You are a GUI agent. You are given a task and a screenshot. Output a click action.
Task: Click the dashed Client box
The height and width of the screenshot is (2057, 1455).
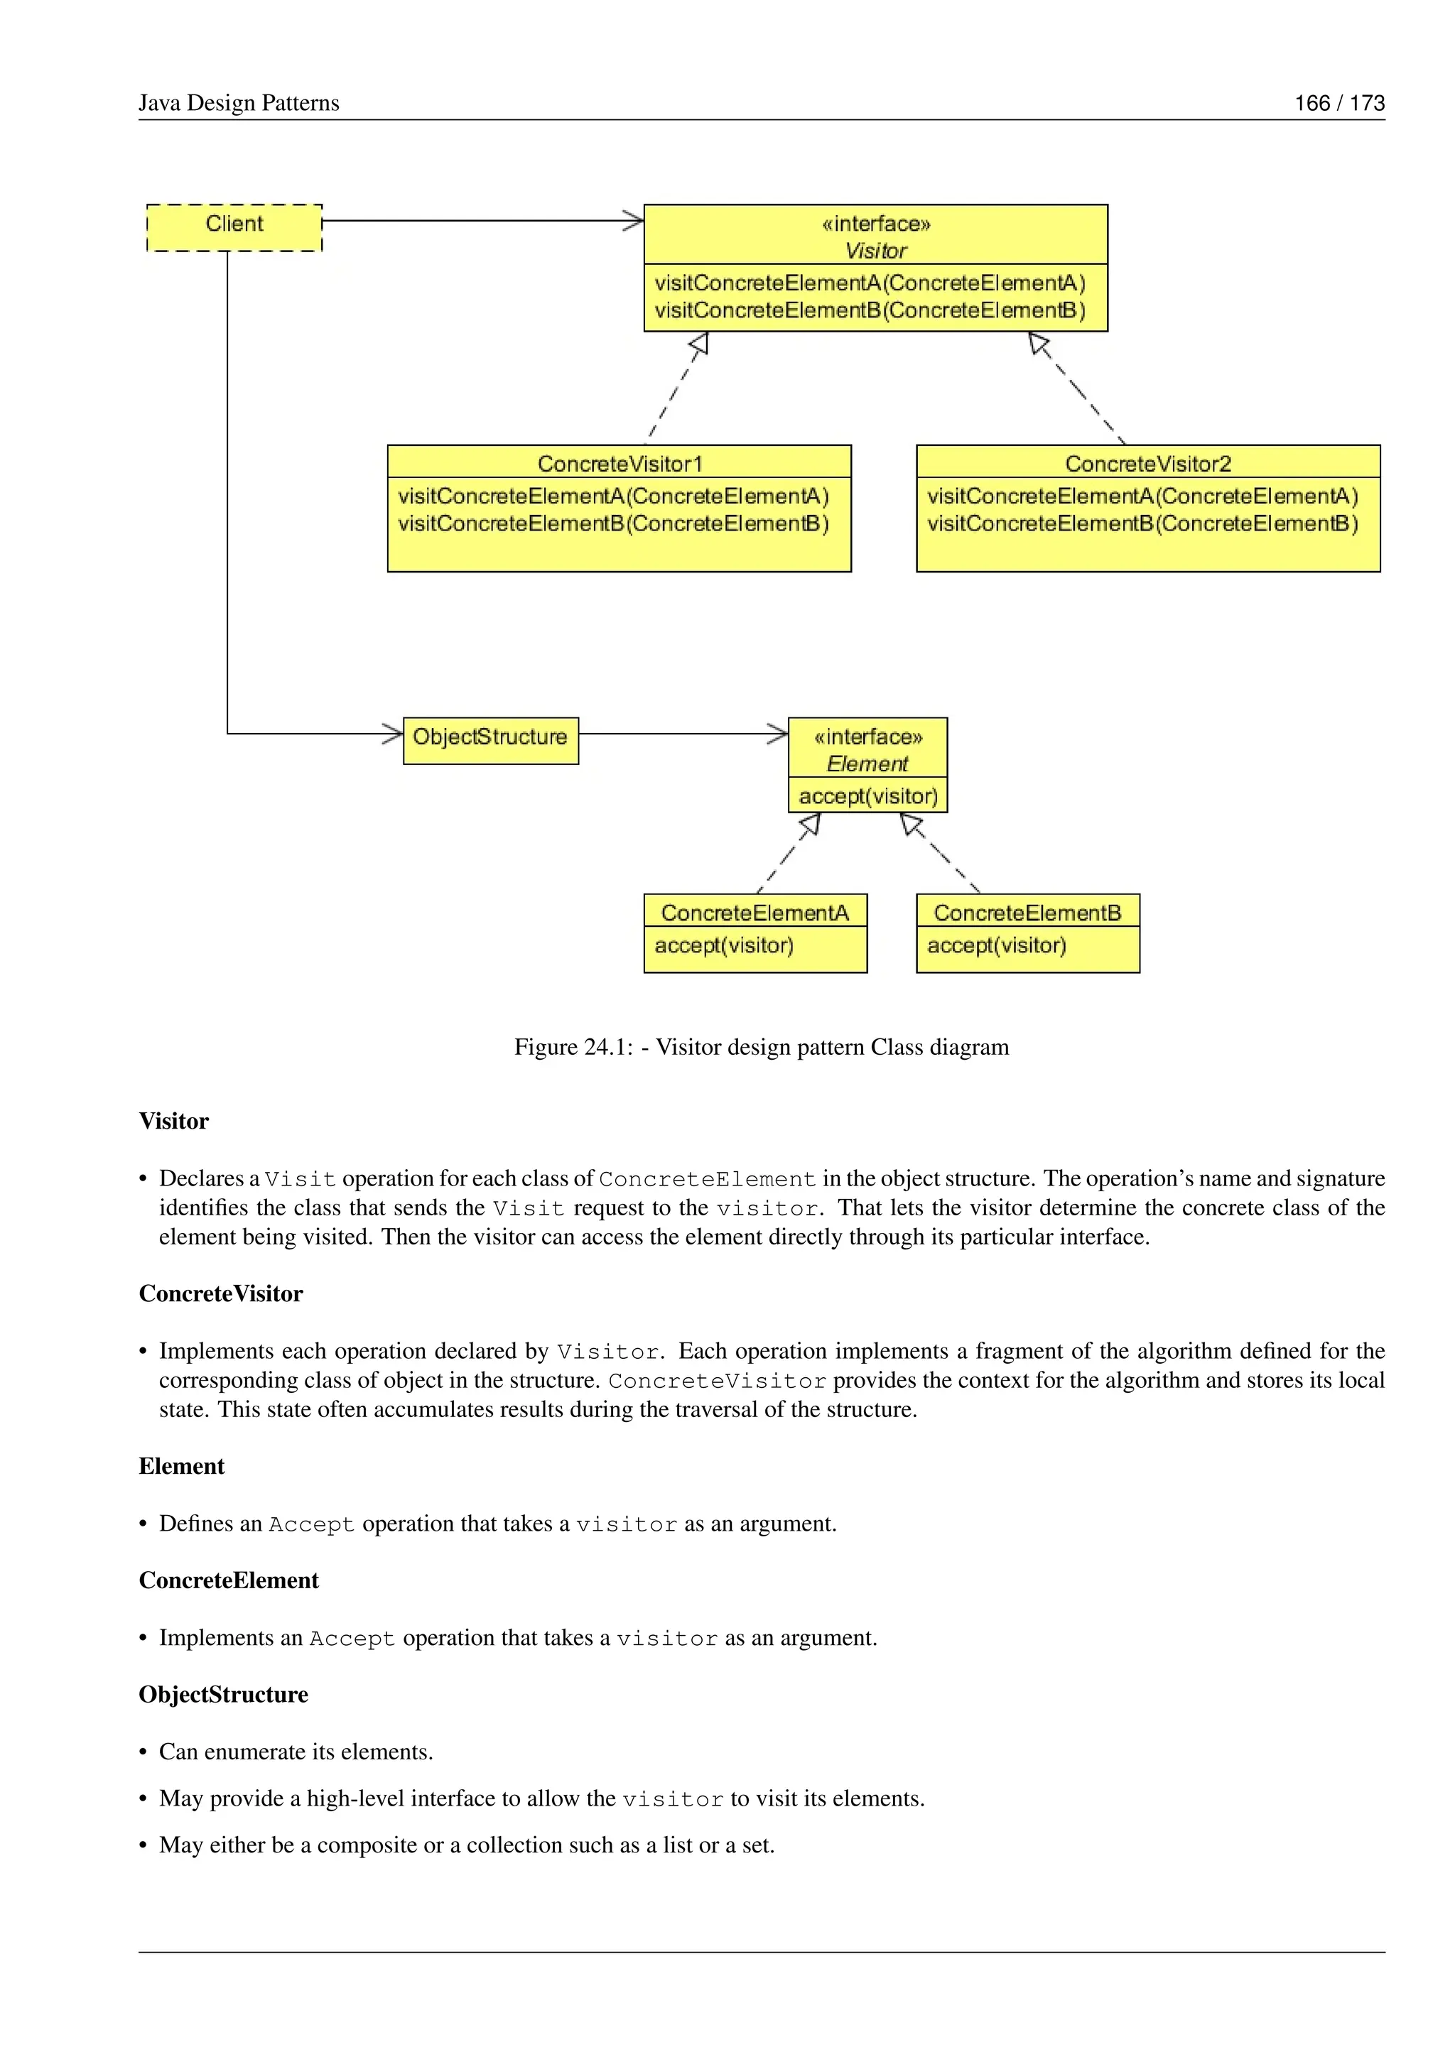pos(234,227)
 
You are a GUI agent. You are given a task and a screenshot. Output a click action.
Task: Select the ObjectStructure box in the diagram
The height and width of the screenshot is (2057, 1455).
pos(490,740)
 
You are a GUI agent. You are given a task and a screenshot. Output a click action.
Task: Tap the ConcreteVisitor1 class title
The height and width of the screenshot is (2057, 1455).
pos(619,463)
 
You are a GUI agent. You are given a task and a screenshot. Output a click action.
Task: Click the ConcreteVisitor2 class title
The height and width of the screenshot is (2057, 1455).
pos(1147,463)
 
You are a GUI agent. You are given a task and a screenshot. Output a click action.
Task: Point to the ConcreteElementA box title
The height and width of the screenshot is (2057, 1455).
pos(754,912)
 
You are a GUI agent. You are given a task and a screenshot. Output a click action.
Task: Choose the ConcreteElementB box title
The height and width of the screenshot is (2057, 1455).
pos(1027,912)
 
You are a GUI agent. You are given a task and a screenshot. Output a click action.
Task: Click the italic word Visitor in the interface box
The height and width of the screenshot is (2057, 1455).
pos(875,251)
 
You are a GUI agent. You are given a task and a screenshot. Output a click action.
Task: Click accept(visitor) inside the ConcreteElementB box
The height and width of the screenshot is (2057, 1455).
pos(996,945)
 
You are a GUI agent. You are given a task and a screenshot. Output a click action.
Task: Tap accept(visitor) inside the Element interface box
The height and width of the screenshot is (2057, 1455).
pos(867,796)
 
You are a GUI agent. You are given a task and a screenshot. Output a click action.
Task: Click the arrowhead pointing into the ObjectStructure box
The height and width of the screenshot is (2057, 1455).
pos(394,734)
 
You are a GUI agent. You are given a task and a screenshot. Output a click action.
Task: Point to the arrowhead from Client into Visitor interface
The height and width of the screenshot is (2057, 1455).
pos(634,220)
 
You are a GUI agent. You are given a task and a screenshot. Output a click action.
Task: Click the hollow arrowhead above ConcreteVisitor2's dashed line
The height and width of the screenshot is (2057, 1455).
pos(1039,343)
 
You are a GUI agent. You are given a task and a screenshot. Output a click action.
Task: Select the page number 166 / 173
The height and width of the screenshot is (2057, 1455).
pos(1338,103)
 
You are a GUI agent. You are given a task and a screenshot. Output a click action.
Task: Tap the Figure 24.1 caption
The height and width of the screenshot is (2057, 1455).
pos(761,1046)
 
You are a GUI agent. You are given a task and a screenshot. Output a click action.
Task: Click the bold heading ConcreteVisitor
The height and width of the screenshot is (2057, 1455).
pos(220,1293)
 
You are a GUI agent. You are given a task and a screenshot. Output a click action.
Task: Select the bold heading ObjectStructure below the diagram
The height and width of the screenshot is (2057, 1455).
pos(223,1694)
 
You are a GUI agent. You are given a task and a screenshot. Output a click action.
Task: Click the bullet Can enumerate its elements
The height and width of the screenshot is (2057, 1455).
pos(296,1752)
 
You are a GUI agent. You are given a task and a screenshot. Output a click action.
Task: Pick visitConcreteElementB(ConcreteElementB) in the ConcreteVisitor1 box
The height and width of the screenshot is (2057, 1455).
pos(613,523)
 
